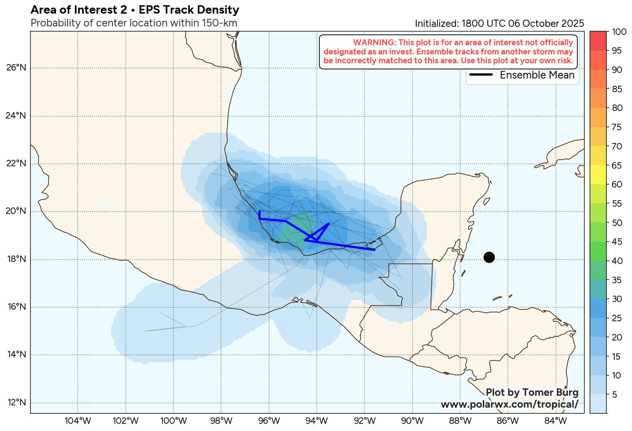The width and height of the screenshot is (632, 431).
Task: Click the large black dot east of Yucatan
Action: point(489,257)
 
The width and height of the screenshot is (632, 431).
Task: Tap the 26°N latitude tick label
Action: point(16,68)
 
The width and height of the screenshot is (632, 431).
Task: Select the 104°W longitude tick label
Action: point(78,421)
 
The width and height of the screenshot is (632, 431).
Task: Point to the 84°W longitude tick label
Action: point(556,421)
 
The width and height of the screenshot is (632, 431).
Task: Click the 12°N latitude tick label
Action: point(16,403)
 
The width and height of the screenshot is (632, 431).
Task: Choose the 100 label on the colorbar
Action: point(619,32)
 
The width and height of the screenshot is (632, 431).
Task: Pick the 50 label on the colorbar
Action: point(617,223)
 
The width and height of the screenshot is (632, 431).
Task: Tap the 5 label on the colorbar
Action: point(615,395)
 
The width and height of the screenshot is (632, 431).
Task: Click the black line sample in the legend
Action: point(481,75)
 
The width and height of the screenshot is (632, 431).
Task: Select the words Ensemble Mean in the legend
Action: point(537,75)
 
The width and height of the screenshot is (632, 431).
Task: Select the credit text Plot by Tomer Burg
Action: point(532,393)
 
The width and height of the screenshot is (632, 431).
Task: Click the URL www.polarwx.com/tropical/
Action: point(509,405)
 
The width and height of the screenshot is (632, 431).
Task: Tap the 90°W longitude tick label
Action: point(412,421)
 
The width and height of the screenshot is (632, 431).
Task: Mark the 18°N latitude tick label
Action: point(16,259)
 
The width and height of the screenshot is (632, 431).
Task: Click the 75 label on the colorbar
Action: point(617,127)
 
